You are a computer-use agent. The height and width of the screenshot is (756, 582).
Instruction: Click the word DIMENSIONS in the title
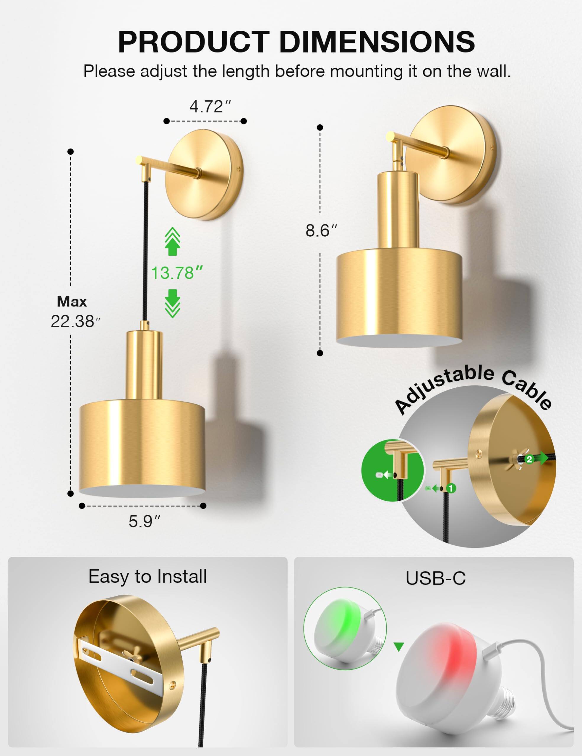(x=377, y=42)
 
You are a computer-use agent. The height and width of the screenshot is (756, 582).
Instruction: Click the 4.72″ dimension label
(x=210, y=106)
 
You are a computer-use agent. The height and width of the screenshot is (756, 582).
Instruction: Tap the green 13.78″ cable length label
(x=177, y=273)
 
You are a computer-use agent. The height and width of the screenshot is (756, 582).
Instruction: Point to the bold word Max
(x=72, y=302)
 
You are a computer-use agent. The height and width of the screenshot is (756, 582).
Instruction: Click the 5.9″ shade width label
(x=145, y=521)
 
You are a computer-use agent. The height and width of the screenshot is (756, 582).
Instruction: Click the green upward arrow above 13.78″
(x=173, y=242)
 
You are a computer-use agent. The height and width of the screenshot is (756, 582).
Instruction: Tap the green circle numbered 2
(x=529, y=459)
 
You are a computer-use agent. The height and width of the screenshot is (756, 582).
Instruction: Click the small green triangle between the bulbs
(x=399, y=647)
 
